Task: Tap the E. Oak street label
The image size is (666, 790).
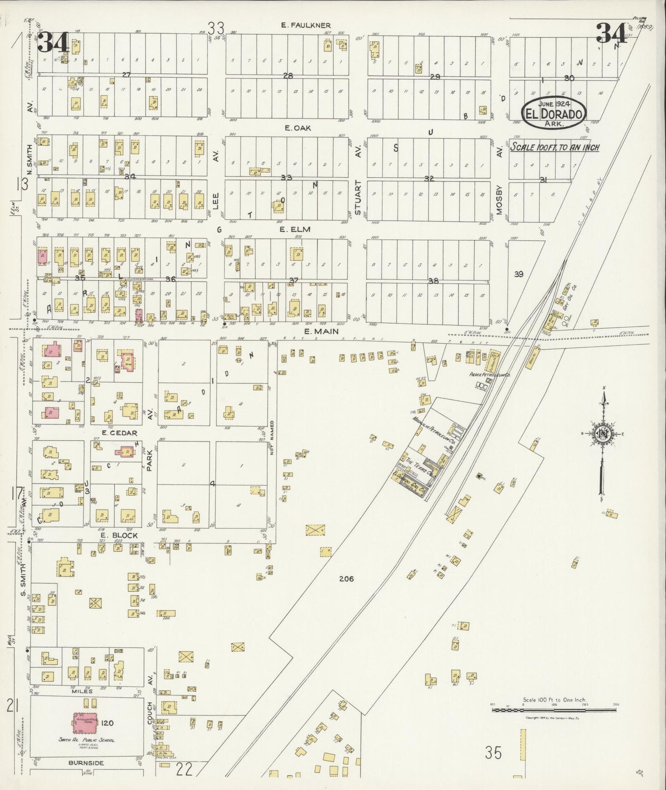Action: pos(298,128)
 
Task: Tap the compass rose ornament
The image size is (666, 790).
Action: pos(601,434)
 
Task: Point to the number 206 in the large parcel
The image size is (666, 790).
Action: pos(346,579)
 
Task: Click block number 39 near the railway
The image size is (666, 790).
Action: pos(519,274)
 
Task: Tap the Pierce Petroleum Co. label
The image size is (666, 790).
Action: pos(488,376)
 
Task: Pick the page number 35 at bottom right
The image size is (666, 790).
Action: pos(493,753)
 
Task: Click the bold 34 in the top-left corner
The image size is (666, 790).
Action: pos(53,43)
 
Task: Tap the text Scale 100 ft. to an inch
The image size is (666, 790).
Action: pos(554,147)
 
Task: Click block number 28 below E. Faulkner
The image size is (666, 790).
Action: pos(288,76)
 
